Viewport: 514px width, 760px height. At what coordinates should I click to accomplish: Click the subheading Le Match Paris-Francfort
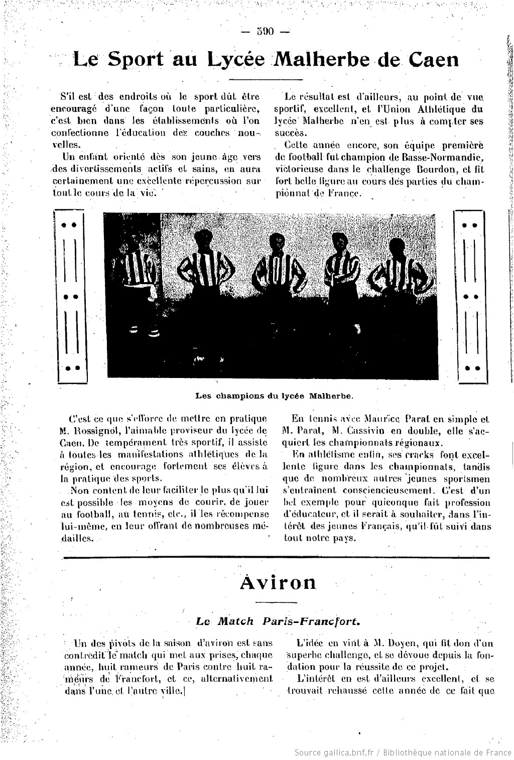pyautogui.click(x=278, y=621)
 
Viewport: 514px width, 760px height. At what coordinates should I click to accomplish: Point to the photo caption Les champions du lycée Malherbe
pyautogui.click(x=274, y=395)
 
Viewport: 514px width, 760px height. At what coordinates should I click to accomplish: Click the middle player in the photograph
pyautogui.click(x=275, y=271)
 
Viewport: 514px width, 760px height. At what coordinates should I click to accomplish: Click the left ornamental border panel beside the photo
pyautogui.click(x=70, y=296)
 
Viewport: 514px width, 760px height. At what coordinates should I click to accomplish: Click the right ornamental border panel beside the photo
pyautogui.click(x=470, y=296)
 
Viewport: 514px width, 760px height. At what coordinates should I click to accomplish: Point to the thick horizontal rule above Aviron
pyautogui.click(x=274, y=557)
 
